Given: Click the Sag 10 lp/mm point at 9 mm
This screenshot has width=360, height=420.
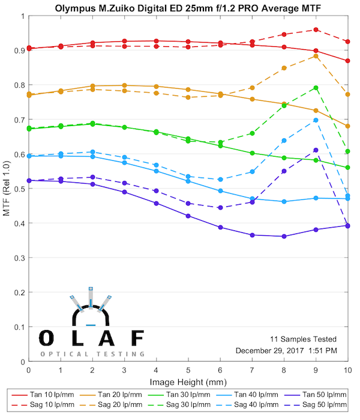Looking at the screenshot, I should (316, 29).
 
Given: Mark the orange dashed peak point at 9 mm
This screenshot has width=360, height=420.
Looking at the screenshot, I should (316, 56).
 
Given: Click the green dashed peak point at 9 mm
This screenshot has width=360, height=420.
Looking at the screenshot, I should (316, 88).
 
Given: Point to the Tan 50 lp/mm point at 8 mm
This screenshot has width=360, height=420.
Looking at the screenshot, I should (284, 236).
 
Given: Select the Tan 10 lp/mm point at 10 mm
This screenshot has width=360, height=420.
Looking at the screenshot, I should (348, 61).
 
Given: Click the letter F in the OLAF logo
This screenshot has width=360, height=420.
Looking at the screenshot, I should (137, 338).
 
